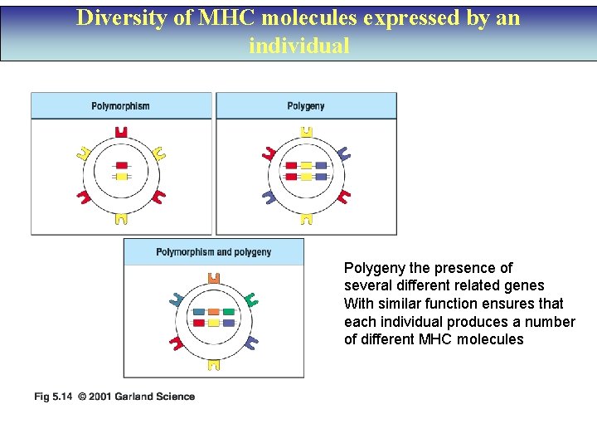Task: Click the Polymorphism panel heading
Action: (x=120, y=106)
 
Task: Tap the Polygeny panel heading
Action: (x=306, y=106)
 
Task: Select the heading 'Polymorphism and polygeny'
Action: (x=213, y=252)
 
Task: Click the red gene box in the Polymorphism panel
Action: (x=122, y=166)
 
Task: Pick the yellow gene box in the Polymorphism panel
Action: (x=122, y=177)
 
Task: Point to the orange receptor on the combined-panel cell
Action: (x=213, y=279)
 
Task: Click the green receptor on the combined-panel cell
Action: (x=252, y=299)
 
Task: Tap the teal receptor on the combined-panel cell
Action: (x=177, y=299)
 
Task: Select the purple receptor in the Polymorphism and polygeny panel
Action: (x=252, y=341)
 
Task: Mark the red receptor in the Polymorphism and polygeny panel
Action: (x=177, y=341)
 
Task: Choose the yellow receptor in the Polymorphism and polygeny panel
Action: (x=213, y=363)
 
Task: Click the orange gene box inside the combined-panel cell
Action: (x=213, y=312)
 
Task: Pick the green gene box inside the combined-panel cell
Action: (x=229, y=312)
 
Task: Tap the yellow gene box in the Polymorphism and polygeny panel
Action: (x=213, y=322)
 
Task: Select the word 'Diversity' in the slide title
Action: (x=115, y=18)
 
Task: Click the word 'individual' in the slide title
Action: (x=299, y=45)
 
